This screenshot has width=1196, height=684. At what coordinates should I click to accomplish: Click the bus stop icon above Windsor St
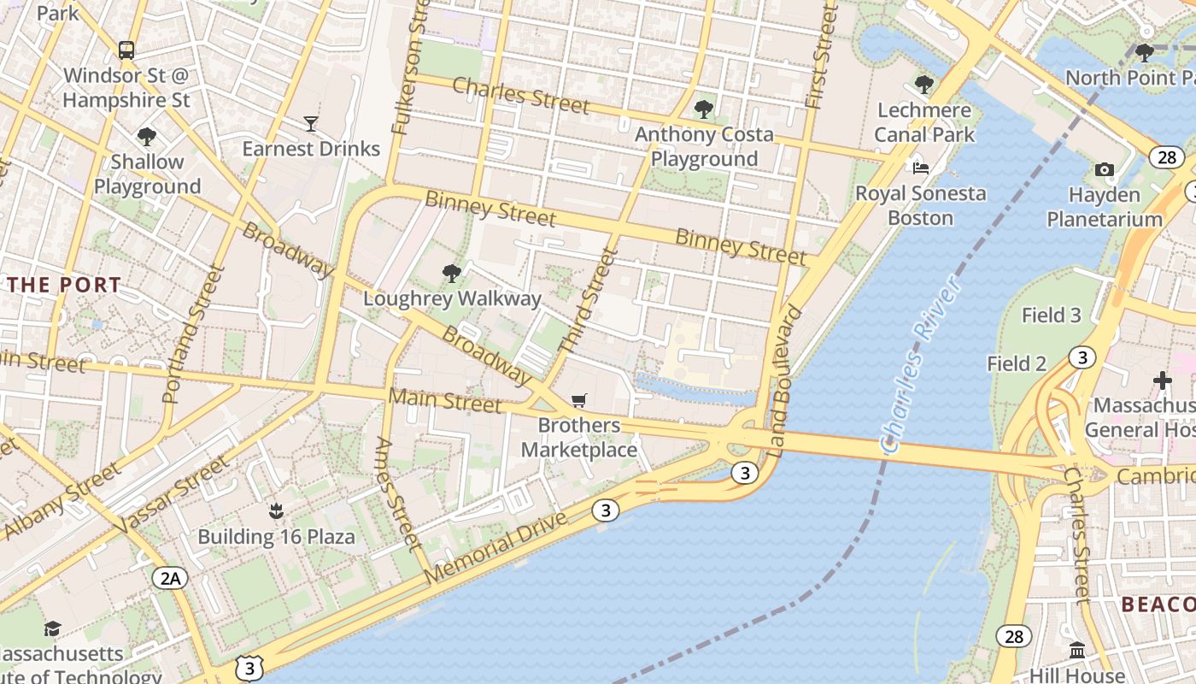[126, 50]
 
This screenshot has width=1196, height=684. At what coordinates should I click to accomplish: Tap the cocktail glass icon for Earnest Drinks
[310, 124]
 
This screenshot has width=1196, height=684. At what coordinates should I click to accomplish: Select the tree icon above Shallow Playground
[147, 137]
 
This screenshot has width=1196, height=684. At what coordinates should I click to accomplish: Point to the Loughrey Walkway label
[452, 298]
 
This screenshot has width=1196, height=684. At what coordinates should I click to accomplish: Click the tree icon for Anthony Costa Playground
[703, 109]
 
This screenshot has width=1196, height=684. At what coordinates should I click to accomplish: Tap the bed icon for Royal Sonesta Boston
[920, 168]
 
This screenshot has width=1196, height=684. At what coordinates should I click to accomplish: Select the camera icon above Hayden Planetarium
[1104, 170]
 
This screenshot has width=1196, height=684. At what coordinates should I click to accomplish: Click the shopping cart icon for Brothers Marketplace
[579, 401]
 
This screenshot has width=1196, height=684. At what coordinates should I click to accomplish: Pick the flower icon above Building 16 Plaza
[275, 512]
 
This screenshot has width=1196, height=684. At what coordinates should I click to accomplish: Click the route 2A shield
[170, 579]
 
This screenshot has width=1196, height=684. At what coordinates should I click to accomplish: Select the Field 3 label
[1052, 315]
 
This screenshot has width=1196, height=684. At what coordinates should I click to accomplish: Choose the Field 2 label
[1017, 364]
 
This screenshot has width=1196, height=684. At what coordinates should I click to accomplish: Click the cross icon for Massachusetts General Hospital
[1162, 380]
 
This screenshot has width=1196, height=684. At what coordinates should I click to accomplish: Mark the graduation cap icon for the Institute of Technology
[52, 629]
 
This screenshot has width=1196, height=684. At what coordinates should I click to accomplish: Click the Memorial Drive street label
[495, 548]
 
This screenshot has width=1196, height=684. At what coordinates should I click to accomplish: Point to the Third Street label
[587, 300]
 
